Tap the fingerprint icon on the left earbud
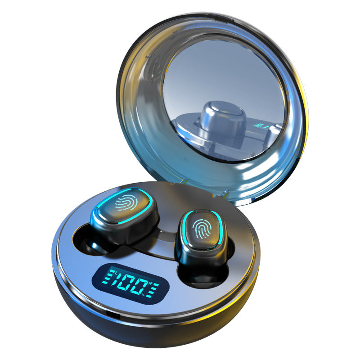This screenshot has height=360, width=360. tap(126, 202)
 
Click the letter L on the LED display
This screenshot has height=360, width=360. tap(116, 273)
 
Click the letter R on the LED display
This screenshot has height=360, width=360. tap(150, 283)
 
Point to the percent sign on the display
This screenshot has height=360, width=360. tap(143, 295)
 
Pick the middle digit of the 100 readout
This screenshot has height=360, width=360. tap(127, 283)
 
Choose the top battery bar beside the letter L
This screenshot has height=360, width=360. tap(111, 271)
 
